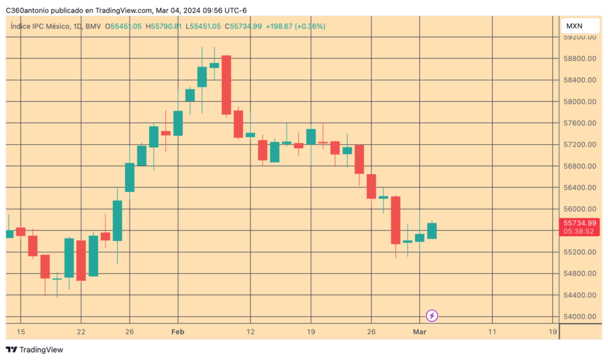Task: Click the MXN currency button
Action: click(574, 26)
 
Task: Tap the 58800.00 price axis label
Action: click(579, 58)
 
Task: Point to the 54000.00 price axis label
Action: click(579, 317)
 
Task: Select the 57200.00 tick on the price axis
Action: click(579, 145)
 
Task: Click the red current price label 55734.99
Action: click(579, 223)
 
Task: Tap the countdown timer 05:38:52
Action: click(579, 232)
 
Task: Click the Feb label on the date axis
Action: click(178, 332)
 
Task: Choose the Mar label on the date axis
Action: click(420, 332)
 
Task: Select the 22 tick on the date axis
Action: click(81, 332)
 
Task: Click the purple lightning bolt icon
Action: click(432, 316)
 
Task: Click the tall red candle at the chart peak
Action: click(226, 85)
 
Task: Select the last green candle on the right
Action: click(432, 230)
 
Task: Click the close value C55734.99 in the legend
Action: click(243, 26)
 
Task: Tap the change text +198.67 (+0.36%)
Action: click(295, 26)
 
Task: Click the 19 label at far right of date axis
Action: click(552, 332)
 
